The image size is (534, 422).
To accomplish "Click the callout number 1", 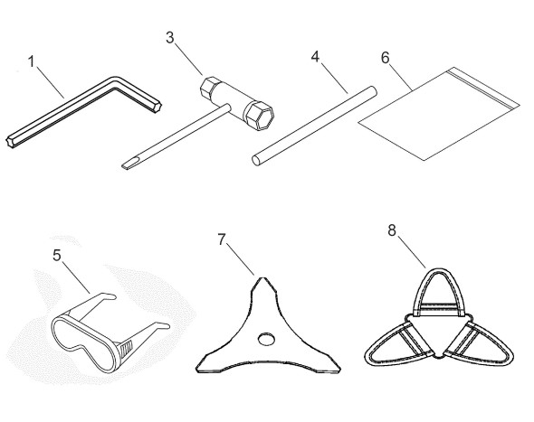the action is tap(32, 61).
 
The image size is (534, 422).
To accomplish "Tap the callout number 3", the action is tap(170, 38).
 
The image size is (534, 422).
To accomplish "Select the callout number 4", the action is tap(316, 57).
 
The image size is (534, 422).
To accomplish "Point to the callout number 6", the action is tap(386, 58).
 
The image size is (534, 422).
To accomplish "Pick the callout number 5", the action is tap(57, 255).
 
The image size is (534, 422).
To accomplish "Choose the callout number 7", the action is tap(222, 239).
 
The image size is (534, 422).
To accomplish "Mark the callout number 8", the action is tap(392, 230).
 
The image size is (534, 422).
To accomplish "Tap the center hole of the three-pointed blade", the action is tap(266, 339).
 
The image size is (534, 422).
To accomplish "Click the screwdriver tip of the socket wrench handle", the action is tap(127, 165).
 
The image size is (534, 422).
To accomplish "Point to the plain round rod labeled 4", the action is tap(314, 127).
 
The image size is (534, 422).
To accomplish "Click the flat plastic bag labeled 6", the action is tap(439, 114).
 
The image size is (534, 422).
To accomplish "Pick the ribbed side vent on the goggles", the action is tap(127, 348).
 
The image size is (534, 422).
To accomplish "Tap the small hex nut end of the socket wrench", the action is tap(207, 86).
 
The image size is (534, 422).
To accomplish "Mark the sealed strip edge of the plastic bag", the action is tap(483, 88).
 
